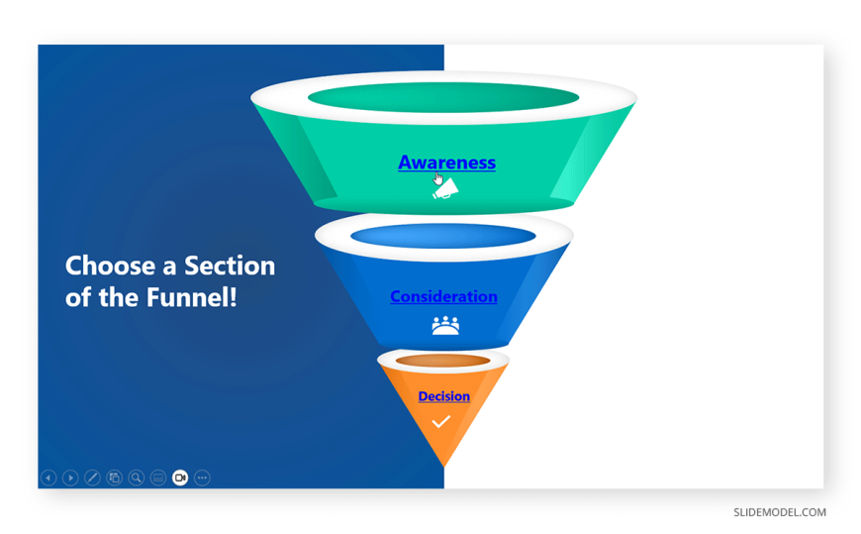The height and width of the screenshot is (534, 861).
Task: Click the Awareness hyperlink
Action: click(x=446, y=162)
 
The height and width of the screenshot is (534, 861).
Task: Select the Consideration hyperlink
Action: click(x=443, y=296)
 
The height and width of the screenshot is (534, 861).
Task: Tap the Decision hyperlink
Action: click(x=443, y=396)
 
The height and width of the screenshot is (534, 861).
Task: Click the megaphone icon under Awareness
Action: click(x=446, y=189)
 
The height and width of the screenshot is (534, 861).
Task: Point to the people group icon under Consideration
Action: click(x=445, y=326)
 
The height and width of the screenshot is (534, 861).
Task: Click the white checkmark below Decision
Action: click(x=441, y=422)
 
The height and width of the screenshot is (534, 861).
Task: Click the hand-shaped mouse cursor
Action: click(x=437, y=178)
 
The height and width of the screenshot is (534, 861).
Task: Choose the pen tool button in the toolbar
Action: click(x=92, y=478)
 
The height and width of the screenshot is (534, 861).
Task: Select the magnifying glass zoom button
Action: click(x=137, y=478)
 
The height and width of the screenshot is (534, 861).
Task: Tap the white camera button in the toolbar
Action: click(x=180, y=478)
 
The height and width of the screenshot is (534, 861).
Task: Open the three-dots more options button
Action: click(x=202, y=478)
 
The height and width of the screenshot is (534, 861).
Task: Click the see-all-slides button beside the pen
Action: click(x=114, y=478)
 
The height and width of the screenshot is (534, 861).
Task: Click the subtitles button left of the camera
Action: click(x=158, y=478)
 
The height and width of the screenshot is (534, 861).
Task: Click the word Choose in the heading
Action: click(x=110, y=266)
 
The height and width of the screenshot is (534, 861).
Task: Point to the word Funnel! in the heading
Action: click(x=192, y=297)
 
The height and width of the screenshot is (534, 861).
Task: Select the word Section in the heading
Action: click(x=230, y=266)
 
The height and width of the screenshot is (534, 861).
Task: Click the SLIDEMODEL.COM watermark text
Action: click(x=780, y=512)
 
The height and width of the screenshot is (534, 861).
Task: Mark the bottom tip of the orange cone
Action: click(x=444, y=467)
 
